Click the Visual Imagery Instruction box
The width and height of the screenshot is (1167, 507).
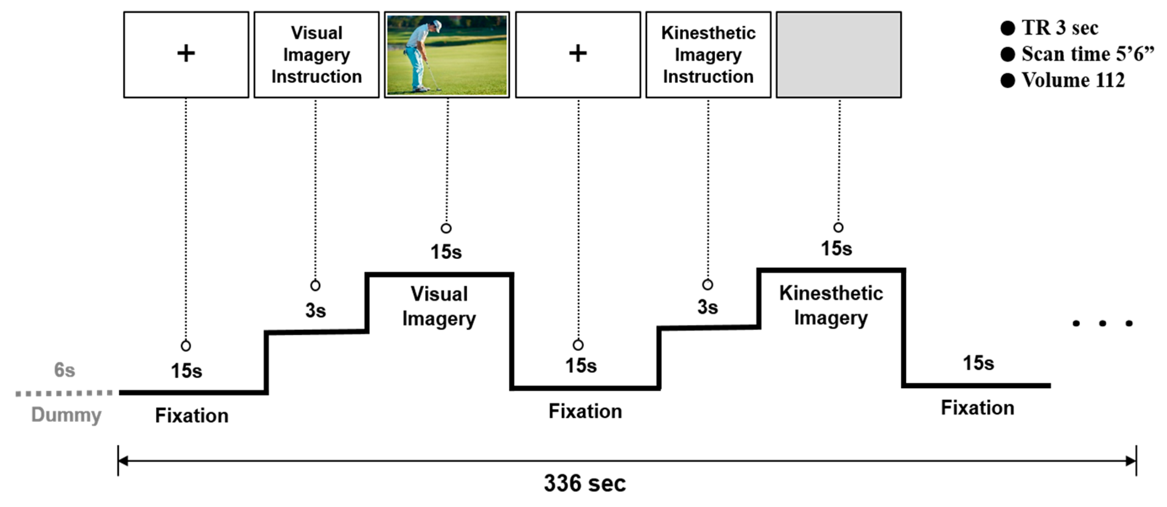[x=316, y=55]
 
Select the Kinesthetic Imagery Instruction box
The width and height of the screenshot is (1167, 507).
[x=708, y=55]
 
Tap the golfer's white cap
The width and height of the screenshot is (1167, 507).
[x=437, y=25]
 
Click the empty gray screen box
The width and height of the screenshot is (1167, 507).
[x=839, y=55]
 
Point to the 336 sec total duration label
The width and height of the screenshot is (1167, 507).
[x=584, y=483]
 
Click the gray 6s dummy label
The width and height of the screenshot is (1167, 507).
[x=64, y=370]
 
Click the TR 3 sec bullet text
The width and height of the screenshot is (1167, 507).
[x=1060, y=28]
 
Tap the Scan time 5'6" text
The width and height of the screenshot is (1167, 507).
[x=1087, y=54]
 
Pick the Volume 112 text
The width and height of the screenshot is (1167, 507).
[x=1073, y=80]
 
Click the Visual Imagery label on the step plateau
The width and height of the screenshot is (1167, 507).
[x=439, y=307]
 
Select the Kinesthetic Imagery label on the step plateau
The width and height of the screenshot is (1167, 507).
[x=831, y=305]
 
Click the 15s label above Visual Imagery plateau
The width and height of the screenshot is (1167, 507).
[x=446, y=252]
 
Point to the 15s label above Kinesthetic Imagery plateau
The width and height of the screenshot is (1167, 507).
[x=836, y=249]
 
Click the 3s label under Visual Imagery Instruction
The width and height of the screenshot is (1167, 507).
[x=315, y=311]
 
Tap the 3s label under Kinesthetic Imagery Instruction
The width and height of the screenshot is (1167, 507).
[x=707, y=307]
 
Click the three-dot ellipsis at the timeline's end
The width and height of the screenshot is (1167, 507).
[x=1102, y=323]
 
